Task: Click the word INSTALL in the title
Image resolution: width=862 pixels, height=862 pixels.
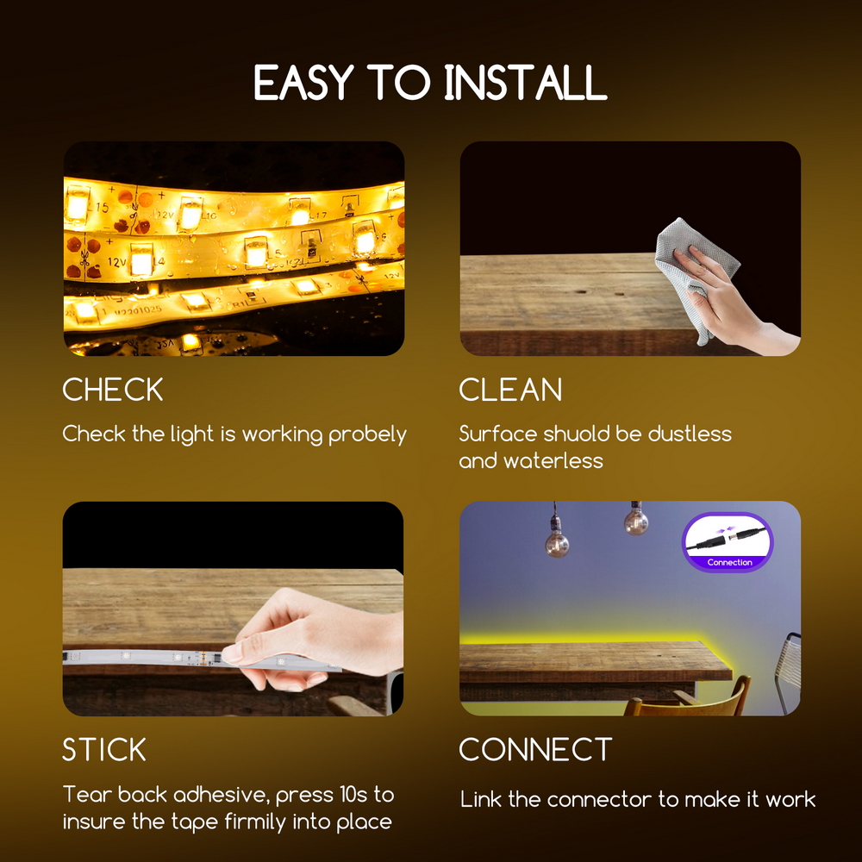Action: [526, 83]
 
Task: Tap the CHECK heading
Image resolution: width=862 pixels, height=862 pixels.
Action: [113, 390]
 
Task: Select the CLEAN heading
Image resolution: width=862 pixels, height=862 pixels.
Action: [510, 390]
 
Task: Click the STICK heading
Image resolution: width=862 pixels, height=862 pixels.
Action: [104, 749]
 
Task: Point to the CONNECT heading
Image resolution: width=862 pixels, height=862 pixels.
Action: [535, 749]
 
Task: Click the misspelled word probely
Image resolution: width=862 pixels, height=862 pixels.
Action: [367, 434]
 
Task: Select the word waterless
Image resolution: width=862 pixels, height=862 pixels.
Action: [553, 460]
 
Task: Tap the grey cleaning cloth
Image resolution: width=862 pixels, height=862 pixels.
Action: [693, 269]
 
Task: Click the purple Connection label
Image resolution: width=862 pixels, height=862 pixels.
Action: [729, 562]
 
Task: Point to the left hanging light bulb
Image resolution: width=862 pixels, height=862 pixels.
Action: [556, 541]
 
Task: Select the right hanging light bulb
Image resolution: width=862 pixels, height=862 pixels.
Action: [636, 520]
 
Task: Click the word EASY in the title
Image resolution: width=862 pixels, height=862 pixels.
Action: [303, 83]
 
